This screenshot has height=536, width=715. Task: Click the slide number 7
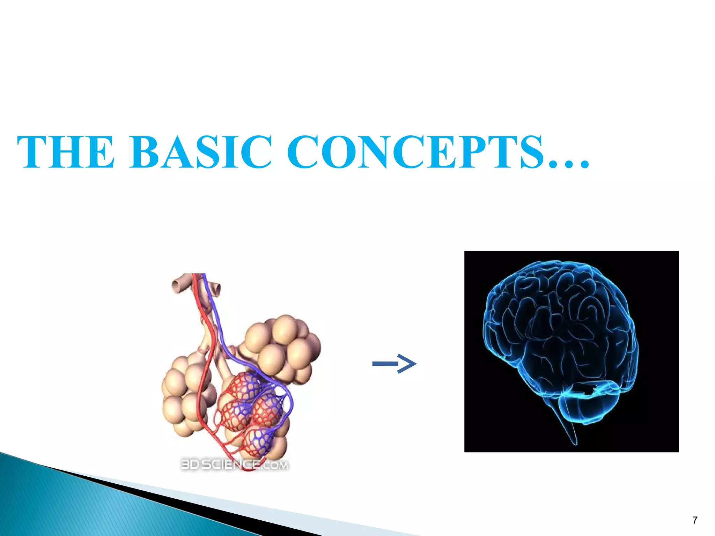click(695, 520)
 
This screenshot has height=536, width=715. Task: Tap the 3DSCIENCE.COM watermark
click(234, 465)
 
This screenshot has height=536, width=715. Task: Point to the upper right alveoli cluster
click(283, 345)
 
